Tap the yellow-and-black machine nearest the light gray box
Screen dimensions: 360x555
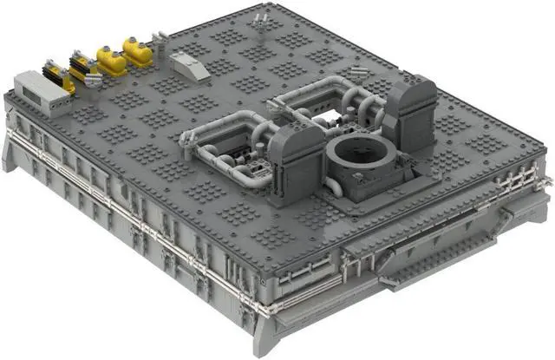point(58,77)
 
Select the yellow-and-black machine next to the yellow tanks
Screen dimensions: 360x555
point(83,68)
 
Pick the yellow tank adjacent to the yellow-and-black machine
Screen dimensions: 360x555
point(111,60)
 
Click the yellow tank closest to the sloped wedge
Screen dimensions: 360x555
point(137,49)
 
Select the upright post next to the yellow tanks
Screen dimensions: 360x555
point(160,36)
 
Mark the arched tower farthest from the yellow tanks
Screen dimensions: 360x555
point(409,108)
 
